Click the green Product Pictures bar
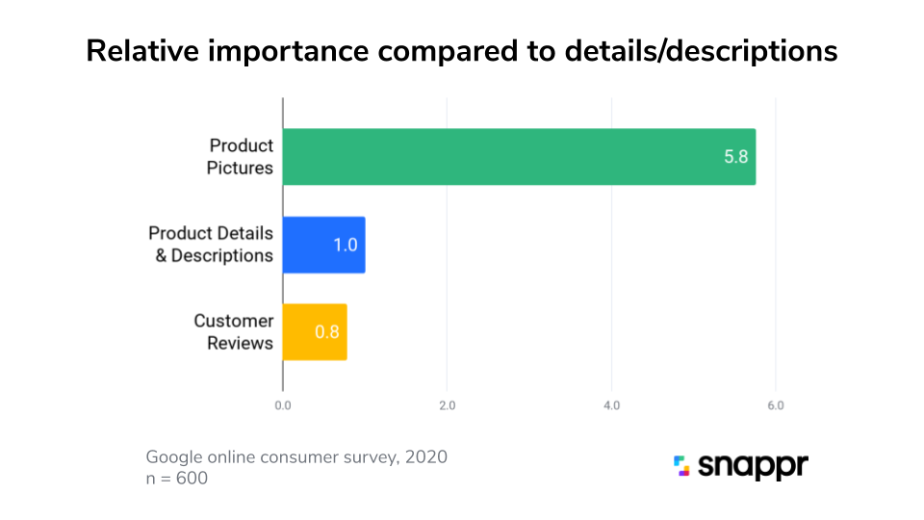pyautogui.click(x=519, y=156)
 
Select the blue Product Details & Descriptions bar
pyautogui.click(x=323, y=245)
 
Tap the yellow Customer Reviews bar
pyautogui.click(x=314, y=332)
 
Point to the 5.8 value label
pyautogui.click(x=736, y=156)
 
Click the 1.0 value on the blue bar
pyautogui.click(x=346, y=245)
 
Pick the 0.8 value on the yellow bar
pyautogui.click(x=327, y=332)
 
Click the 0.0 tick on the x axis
pyautogui.click(x=283, y=405)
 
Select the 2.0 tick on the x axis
pyautogui.click(x=447, y=405)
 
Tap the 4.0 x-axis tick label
pyautogui.click(x=611, y=405)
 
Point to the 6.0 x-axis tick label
pyautogui.click(x=775, y=405)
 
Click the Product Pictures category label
pyautogui.click(x=242, y=157)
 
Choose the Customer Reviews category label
pyautogui.click(x=233, y=332)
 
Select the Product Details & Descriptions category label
pyautogui.click(x=211, y=245)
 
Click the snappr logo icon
pyautogui.click(x=681, y=466)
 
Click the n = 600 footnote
pyautogui.click(x=176, y=478)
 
